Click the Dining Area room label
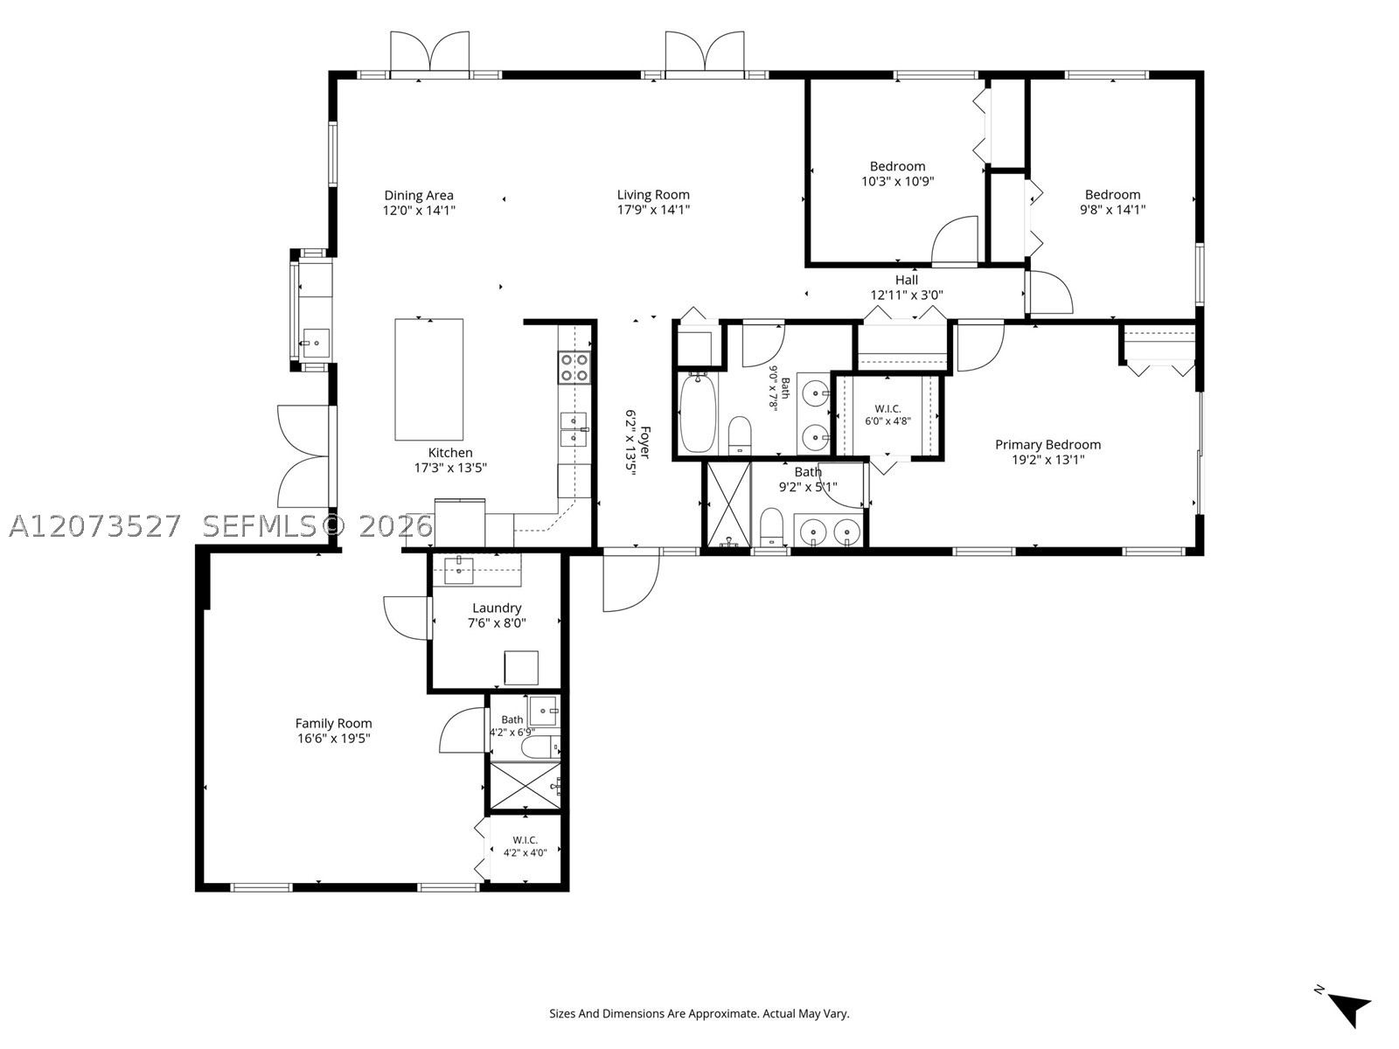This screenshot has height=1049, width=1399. (x=419, y=195)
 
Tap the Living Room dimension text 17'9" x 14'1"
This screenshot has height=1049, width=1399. (x=653, y=210)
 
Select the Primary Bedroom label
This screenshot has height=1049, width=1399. (x=1048, y=445)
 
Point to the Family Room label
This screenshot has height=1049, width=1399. (x=333, y=724)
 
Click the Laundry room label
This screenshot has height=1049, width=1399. (x=497, y=608)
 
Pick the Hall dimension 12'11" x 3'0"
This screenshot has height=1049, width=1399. (x=907, y=295)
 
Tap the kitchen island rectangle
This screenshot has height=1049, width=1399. (x=429, y=379)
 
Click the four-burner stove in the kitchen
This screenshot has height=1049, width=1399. (x=574, y=367)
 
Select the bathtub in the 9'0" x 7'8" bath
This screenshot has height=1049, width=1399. (x=698, y=413)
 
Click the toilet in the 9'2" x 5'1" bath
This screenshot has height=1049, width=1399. (x=771, y=527)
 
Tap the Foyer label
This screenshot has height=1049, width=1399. (x=645, y=442)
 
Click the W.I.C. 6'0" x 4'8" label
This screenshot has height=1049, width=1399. (x=887, y=414)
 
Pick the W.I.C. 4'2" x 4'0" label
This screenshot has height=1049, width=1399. (x=525, y=846)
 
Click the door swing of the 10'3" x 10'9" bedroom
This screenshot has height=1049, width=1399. (x=955, y=240)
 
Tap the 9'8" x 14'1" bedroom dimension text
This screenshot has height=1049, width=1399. (x=1113, y=210)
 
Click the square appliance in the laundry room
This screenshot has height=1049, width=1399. (x=521, y=668)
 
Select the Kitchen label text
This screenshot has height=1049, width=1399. (x=450, y=453)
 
